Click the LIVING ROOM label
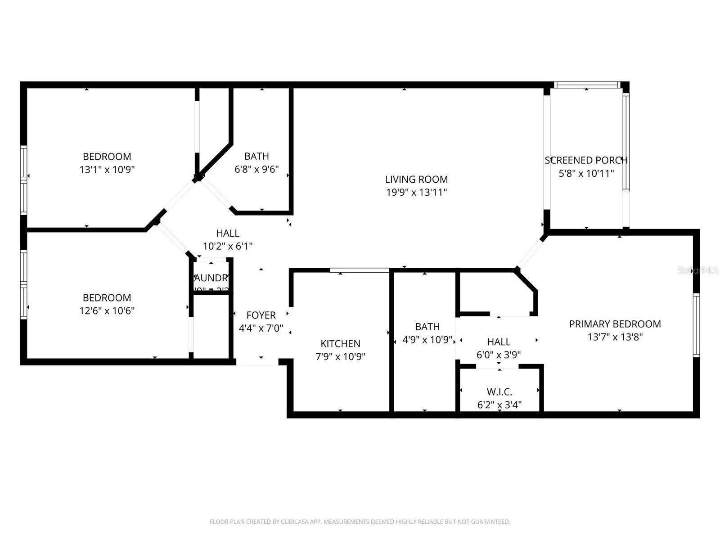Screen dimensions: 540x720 pyautogui.click(x=416, y=179)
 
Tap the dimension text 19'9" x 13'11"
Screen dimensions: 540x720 pyautogui.click(x=416, y=193)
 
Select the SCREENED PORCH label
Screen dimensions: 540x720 pyautogui.click(x=586, y=160)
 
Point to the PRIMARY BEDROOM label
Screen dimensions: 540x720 pyautogui.click(x=615, y=324)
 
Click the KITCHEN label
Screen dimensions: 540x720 pyautogui.click(x=340, y=344)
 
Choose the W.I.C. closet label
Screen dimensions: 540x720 pyautogui.click(x=499, y=392)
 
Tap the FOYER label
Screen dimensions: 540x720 pyautogui.click(x=261, y=315)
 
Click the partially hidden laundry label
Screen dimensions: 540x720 pyautogui.click(x=211, y=278)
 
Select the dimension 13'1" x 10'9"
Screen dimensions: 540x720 pyautogui.click(x=107, y=170)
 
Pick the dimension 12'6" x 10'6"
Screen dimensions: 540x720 pyautogui.click(x=107, y=310)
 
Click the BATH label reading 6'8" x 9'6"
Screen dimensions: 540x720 pyautogui.click(x=256, y=156)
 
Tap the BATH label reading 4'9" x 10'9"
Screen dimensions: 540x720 pyautogui.click(x=427, y=327)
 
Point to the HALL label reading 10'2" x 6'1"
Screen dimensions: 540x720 pyautogui.click(x=228, y=233)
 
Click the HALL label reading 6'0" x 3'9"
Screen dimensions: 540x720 pyautogui.click(x=499, y=342)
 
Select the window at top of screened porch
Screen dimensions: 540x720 pyautogui.click(x=586, y=85)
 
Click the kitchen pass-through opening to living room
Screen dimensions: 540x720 pyautogui.click(x=359, y=270)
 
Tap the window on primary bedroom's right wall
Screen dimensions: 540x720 pyautogui.click(x=696, y=325)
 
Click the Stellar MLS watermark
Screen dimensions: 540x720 pyautogui.click(x=697, y=270)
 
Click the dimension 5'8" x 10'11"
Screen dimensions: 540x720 pyautogui.click(x=586, y=174)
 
